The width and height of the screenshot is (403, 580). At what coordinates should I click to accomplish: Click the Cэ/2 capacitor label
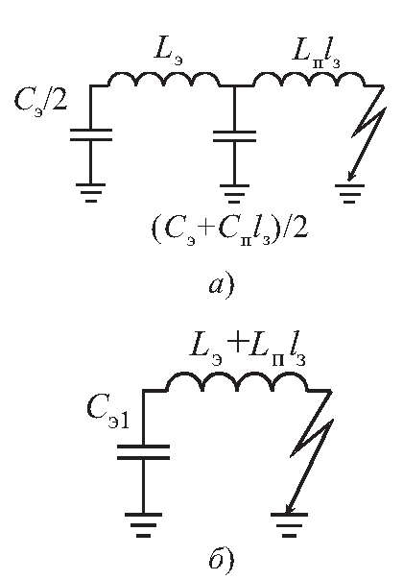(x=40, y=101)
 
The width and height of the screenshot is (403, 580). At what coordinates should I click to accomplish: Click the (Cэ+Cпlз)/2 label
(x=229, y=231)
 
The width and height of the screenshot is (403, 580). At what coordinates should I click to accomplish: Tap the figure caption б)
(x=221, y=559)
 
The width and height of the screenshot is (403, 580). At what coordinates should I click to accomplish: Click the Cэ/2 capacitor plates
(x=91, y=135)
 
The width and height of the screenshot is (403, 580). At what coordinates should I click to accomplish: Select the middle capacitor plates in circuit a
(x=234, y=135)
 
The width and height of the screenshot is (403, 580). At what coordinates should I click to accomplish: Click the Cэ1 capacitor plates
(x=144, y=452)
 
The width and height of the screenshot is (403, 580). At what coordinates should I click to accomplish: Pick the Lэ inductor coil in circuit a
(x=164, y=79)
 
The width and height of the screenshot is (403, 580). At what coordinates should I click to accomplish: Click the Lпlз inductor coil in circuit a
(x=308, y=79)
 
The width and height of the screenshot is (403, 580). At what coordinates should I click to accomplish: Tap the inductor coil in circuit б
(x=237, y=382)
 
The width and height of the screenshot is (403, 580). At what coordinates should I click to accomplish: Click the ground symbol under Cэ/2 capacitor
(x=91, y=192)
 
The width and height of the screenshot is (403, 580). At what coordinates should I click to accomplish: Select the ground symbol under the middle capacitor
(x=234, y=193)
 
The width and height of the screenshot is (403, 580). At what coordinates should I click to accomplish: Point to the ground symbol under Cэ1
(x=144, y=524)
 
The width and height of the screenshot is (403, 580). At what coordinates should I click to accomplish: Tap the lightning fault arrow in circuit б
(x=310, y=452)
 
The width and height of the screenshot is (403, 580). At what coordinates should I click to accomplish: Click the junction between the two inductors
(x=234, y=85)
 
